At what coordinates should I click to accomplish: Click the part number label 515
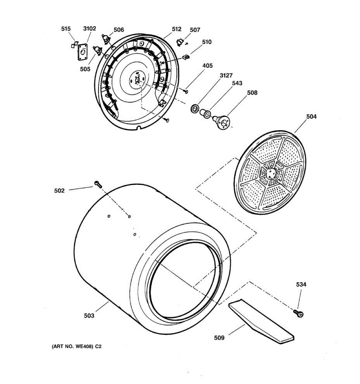point(66,29)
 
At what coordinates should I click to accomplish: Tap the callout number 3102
point(90,28)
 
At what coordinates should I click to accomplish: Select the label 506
point(119,30)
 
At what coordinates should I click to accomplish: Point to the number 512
point(177,29)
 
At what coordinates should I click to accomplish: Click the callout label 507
point(195,30)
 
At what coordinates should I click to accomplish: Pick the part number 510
point(207,42)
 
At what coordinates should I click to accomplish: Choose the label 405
point(207,66)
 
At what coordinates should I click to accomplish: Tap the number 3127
point(226,75)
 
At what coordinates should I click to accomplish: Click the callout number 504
point(311,116)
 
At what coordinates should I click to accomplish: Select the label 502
point(60,190)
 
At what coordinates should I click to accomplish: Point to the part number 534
point(301,284)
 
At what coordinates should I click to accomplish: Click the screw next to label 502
point(98,184)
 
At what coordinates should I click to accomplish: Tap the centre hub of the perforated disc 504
point(271,173)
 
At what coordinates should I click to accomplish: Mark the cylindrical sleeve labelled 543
point(205,113)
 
